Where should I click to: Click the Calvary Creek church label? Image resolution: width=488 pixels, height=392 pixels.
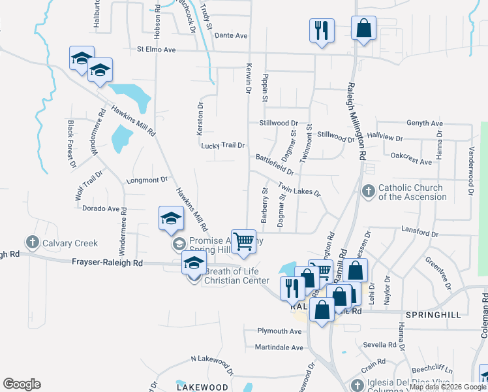point(70,243)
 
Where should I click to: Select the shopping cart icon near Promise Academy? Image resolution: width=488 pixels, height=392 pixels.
point(244,241)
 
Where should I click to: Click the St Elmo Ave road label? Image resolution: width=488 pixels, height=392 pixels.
point(157,49)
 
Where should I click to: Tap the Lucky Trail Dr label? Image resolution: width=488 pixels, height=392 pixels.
point(223,145)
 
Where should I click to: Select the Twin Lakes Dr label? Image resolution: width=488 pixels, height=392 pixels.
point(299,189)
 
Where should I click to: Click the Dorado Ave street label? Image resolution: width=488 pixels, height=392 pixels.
point(100,209)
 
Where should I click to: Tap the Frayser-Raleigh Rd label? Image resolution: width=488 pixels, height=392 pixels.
point(106,262)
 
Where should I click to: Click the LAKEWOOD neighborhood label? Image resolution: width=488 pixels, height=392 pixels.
point(202,387)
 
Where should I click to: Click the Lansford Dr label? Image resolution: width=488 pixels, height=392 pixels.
point(420,233)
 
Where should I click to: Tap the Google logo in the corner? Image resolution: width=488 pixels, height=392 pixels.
point(22,384)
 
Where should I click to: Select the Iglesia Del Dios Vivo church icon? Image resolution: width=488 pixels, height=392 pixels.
point(356,384)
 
